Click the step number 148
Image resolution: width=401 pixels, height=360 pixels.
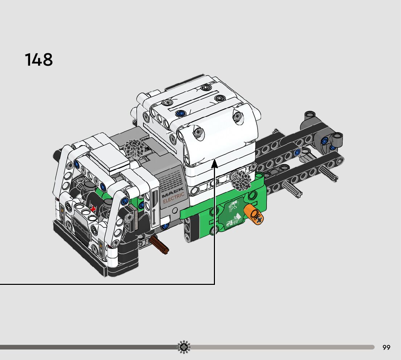point(39,60)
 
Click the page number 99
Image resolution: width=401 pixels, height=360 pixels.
point(386,347)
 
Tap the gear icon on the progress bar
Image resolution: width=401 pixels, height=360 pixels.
point(184,347)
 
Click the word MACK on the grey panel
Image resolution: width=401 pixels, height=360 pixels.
point(173,192)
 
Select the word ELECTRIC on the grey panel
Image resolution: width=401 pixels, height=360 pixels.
point(174,198)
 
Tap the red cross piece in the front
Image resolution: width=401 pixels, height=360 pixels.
point(94,209)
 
